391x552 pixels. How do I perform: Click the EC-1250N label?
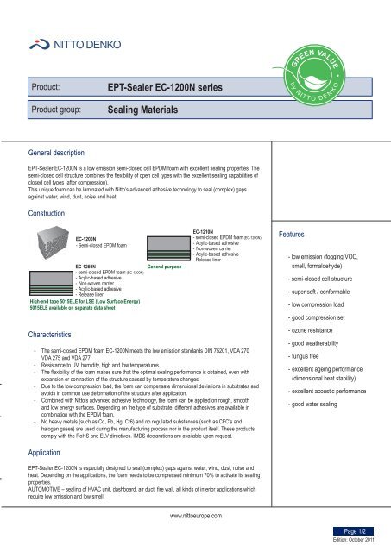pyautogui.click(x=88, y=267)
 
